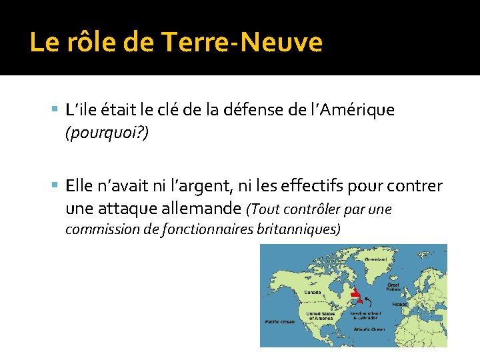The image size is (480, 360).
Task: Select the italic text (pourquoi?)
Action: [x=107, y=133]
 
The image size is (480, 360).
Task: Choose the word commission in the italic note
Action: [x=96, y=230]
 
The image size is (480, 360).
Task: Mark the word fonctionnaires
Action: [x=203, y=230]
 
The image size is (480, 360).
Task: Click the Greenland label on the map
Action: [x=377, y=258]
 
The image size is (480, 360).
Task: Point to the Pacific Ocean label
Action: [x=279, y=321]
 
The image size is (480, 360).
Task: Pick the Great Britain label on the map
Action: [x=394, y=287]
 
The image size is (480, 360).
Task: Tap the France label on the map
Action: [x=400, y=304]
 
